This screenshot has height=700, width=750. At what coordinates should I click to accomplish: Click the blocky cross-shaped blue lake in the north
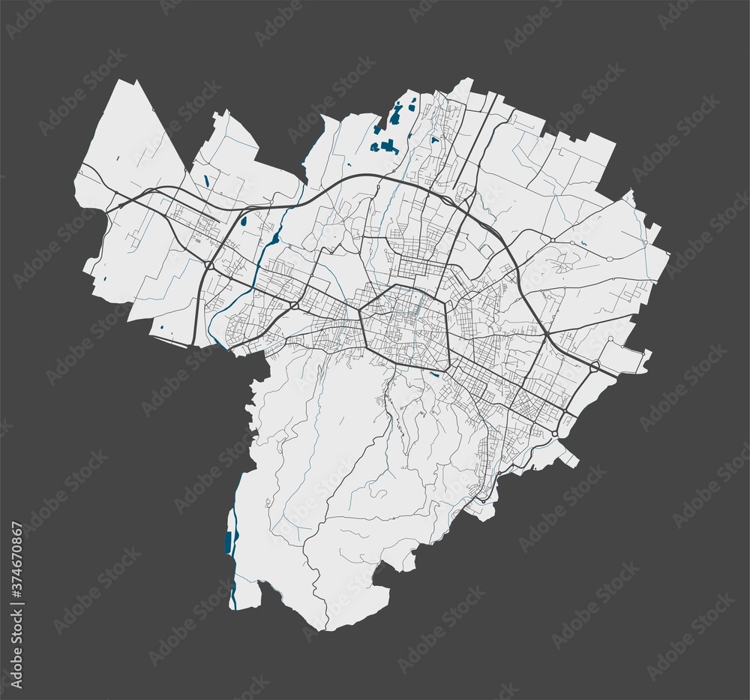pos(388,146)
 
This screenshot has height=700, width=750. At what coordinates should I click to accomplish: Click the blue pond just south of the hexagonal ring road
pos(435,373)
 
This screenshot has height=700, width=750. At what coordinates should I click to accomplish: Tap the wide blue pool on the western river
pos(275,239)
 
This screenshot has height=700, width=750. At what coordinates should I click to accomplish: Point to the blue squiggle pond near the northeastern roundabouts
pos(583,245)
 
